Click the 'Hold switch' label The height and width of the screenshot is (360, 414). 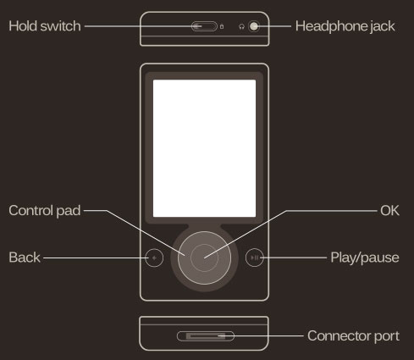pos(45,26)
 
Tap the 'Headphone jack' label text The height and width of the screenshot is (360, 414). pos(345,26)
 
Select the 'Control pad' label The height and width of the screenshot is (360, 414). pos(45,211)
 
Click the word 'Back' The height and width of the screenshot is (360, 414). pos(25,258)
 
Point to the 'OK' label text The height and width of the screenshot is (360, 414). pos(389,211)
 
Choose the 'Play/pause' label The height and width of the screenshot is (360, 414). pos(365,258)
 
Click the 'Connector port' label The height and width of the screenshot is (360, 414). pos(353,335)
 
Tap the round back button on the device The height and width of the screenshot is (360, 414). pos(154,258)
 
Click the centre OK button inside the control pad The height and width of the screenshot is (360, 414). pos(204,258)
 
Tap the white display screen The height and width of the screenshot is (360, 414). pos(204,148)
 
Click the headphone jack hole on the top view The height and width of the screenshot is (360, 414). pos(254,26)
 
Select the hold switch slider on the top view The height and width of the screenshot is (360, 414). pos(204,26)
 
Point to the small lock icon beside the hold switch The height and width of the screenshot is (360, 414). pos(222,27)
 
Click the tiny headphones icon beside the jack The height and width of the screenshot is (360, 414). pos(241,27)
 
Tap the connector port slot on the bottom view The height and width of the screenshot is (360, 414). pos(206,336)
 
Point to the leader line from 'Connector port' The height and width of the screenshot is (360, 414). pos(261,336)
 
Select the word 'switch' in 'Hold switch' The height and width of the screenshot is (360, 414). pos(60,26)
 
